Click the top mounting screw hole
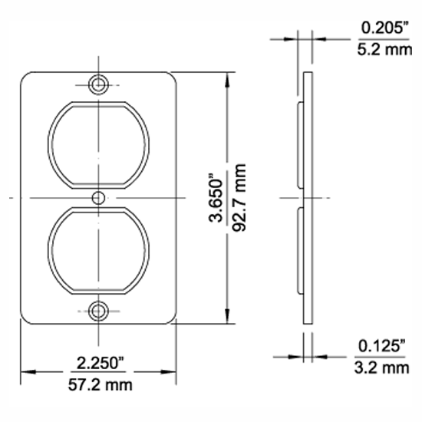97,84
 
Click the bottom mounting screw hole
97,311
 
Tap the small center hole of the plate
97,198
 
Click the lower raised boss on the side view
298,251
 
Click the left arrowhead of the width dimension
25,371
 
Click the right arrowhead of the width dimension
171,371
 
